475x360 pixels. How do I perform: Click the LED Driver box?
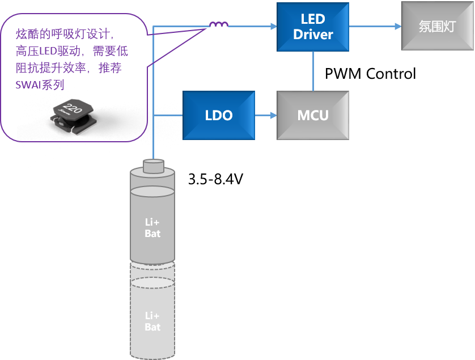coord(312,26)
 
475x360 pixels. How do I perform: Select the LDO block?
coord(218,115)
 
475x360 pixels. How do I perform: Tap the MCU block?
coord(312,115)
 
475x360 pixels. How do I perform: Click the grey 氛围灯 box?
coord(437,26)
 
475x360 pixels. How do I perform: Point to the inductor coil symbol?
coord(219,25)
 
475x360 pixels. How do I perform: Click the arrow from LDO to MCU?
coord(265,115)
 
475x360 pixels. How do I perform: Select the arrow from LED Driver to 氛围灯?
coord(375,26)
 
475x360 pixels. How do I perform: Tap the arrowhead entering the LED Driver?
coord(273,26)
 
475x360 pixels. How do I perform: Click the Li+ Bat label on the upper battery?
coord(152,228)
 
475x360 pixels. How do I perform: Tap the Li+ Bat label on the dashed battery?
coord(152,321)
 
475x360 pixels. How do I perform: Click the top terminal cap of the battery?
coord(153,166)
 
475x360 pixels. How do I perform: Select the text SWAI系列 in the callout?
coord(40,85)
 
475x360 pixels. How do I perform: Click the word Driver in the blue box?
coord(313,34)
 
